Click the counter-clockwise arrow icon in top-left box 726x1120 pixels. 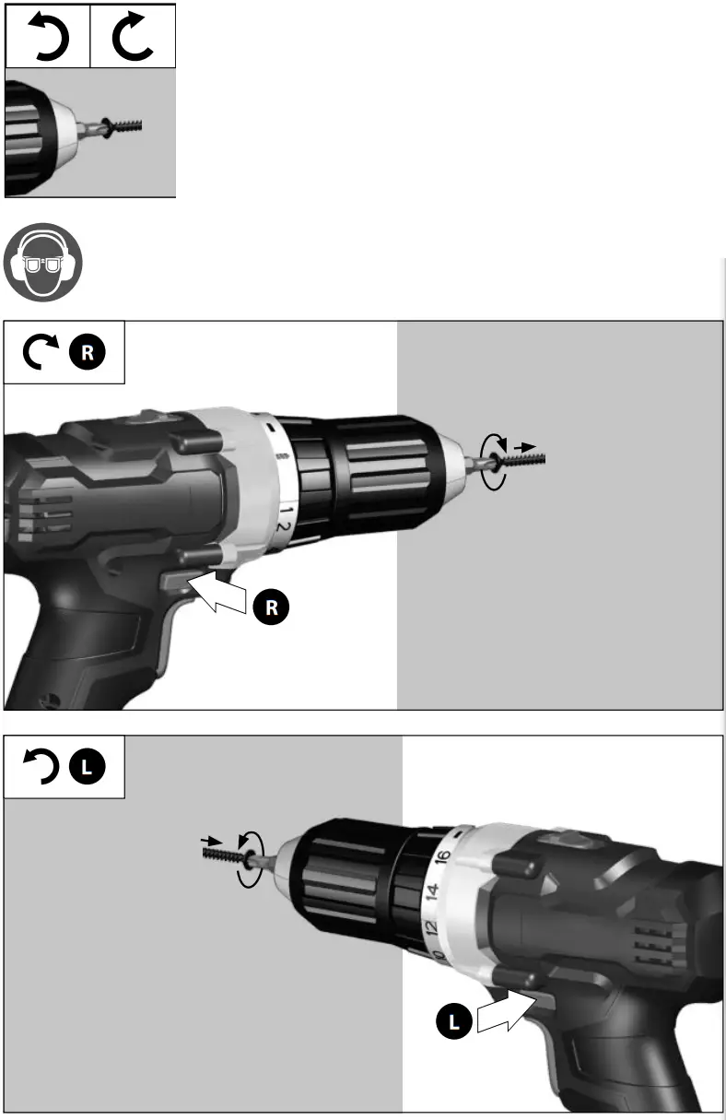click(47, 36)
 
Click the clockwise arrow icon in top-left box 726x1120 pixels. click(133, 36)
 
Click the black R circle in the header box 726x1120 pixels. click(88, 351)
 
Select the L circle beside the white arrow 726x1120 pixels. click(454, 1020)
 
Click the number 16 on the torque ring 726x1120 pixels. click(442, 857)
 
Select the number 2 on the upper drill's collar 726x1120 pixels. click(285, 527)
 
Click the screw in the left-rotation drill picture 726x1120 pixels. click(226, 855)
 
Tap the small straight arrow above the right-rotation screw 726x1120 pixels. click(524, 445)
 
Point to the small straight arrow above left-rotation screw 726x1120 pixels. click(211, 840)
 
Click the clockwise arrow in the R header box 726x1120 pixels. click(42, 352)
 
